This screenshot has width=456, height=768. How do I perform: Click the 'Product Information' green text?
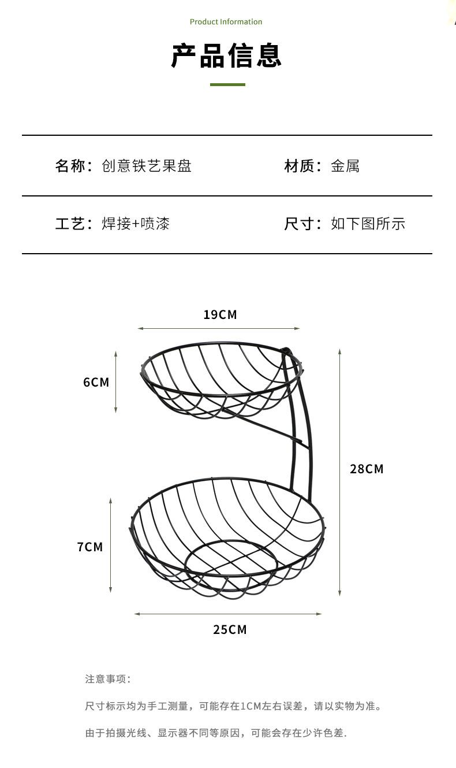tap(226, 22)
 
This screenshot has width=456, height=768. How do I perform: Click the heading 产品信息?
tap(226, 56)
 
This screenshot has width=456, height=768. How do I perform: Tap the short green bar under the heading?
tap(227, 84)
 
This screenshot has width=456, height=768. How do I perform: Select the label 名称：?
tap(73, 166)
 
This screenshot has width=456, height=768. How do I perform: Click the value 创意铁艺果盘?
tap(147, 166)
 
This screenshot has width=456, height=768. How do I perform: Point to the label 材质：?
tap(302, 166)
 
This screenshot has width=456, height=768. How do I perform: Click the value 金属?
tap(345, 166)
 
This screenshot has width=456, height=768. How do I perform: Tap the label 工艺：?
tap(73, 224)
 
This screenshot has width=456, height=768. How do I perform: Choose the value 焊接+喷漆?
tap(136, 224)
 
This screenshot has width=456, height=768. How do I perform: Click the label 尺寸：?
tap(302, 224)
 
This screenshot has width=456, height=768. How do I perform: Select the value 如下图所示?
tap(368, 224)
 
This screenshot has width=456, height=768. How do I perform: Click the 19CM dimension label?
tap(220, 315)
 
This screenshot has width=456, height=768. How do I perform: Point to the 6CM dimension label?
tap(96, 382)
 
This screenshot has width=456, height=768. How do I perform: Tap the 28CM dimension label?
tap(367, 469)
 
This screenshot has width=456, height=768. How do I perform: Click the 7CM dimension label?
tap(90, 547)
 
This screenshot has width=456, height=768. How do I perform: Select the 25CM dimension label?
tap(230, 629)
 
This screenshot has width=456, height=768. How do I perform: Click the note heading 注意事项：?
tap(108, 679)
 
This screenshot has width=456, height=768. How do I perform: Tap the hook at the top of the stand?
tap(285, 351)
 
